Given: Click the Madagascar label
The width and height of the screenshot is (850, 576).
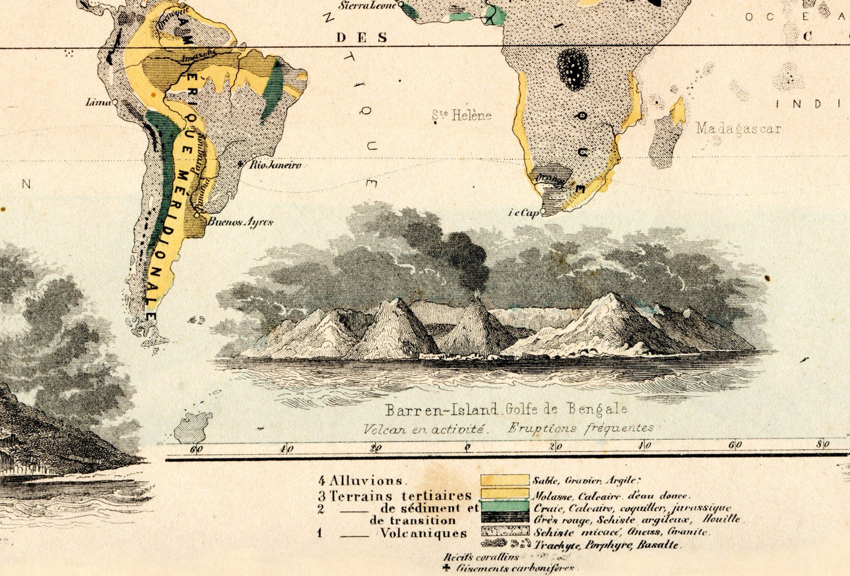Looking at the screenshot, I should click(738, 128).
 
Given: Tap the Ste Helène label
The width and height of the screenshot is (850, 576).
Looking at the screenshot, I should click(462, 115).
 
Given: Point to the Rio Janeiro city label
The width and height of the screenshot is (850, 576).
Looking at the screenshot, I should click(275, 165).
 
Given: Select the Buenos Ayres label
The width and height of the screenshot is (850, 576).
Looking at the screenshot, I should click(241, 222).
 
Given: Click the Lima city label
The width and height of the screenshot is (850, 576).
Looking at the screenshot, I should click(98, 102).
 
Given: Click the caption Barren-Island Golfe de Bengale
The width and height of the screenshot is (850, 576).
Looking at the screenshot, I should click(506, 409).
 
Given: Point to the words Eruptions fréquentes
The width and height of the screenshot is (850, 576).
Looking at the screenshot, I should click(580, 428).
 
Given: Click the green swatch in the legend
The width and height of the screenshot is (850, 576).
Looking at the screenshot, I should click(504, 506).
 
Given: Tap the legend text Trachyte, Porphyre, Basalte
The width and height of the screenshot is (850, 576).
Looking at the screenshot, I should click(607, 545).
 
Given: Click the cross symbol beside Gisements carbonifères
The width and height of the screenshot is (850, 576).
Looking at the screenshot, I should click(446, 568).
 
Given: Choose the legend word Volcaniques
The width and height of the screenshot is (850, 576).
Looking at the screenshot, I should click(423, 534).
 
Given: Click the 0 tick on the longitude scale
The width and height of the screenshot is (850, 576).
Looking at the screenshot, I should click(467, 448).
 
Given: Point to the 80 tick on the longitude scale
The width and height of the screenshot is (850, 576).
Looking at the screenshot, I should click(822, 445).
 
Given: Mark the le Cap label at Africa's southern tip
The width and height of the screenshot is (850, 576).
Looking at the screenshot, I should click(524, 214).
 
